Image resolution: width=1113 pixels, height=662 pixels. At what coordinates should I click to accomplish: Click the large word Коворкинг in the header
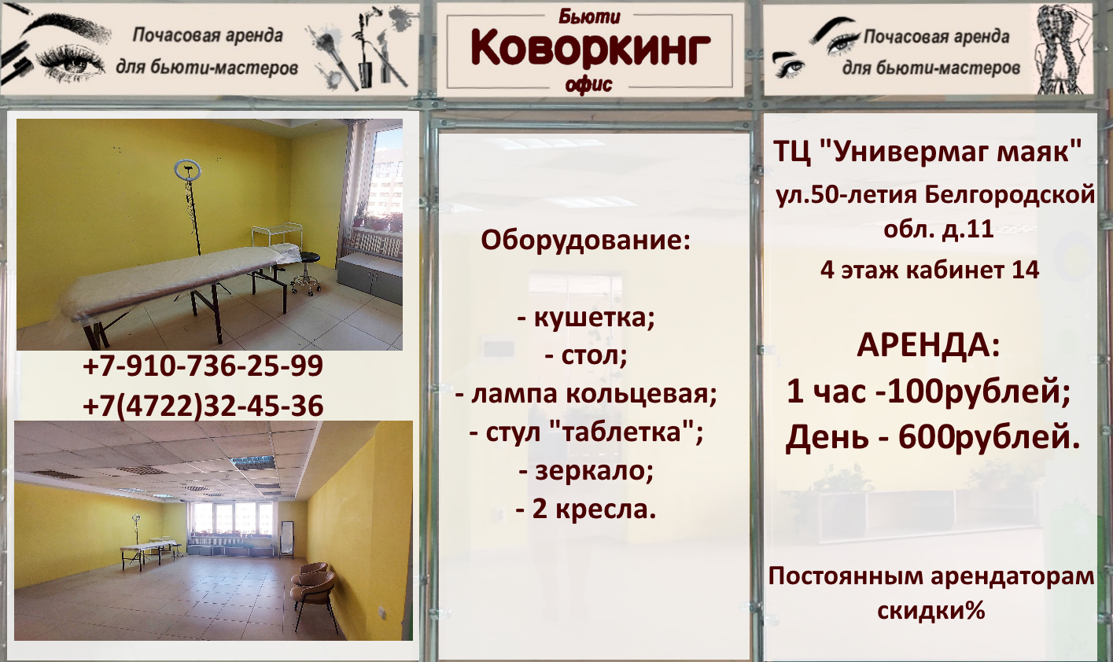pyautogui.click(x=591, y=49)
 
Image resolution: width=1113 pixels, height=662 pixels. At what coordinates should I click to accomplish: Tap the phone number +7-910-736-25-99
pyautogui.click(x=203, y=366)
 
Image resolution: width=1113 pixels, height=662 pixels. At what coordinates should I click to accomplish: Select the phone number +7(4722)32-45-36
pyautogui.click(x=203, y=406)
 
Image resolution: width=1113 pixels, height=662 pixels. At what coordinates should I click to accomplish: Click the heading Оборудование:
pyautogui.click(x=585, y=241)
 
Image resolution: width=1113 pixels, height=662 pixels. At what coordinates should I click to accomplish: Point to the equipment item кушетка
pyautogui.click(x=586, y=318)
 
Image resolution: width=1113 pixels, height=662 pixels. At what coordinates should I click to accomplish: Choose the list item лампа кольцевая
pyautogui.click(x=586, y=395)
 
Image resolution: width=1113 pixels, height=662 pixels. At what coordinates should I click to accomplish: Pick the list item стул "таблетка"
pyautogui.click(x=586, y=432)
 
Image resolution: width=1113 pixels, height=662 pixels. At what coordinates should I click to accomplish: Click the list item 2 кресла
pyautogui.click(x=586, y=509)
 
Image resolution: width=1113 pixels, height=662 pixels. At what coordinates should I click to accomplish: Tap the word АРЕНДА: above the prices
pyautogui.click(x=927, y=345)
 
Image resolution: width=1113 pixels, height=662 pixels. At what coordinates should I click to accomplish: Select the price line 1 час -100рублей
pyautogui.click(x=928, y=392)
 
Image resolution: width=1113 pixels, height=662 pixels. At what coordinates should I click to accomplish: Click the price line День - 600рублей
pyautogui.click(x=933, y=437)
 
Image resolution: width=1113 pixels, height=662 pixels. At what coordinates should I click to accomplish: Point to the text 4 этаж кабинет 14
pyautogui.click(x=930, y=270)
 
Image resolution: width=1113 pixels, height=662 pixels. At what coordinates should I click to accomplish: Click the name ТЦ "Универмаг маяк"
pyautogui.click(x=927, y=152)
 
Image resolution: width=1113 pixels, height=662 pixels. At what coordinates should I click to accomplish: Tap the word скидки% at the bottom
pyautogui.click(x=931, y=610)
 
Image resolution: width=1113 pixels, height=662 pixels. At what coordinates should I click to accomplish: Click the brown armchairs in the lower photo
pyautogui.click(x=311, y=588)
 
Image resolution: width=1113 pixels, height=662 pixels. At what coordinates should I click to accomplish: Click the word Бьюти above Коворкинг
pyautogui.click(x=590, y=17)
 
